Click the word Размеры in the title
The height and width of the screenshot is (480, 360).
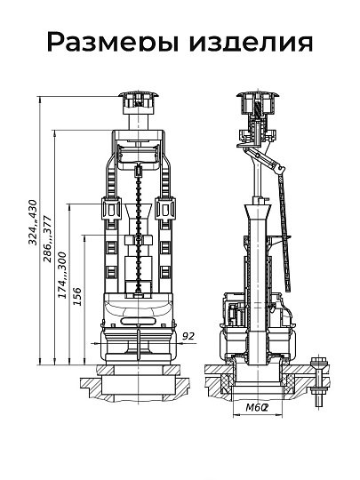113,42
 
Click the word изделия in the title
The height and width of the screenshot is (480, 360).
251,43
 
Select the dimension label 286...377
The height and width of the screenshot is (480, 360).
47,239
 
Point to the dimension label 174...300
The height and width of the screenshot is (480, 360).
62,275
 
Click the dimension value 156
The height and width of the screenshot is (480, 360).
77,296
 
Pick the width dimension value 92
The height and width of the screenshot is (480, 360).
188,336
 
